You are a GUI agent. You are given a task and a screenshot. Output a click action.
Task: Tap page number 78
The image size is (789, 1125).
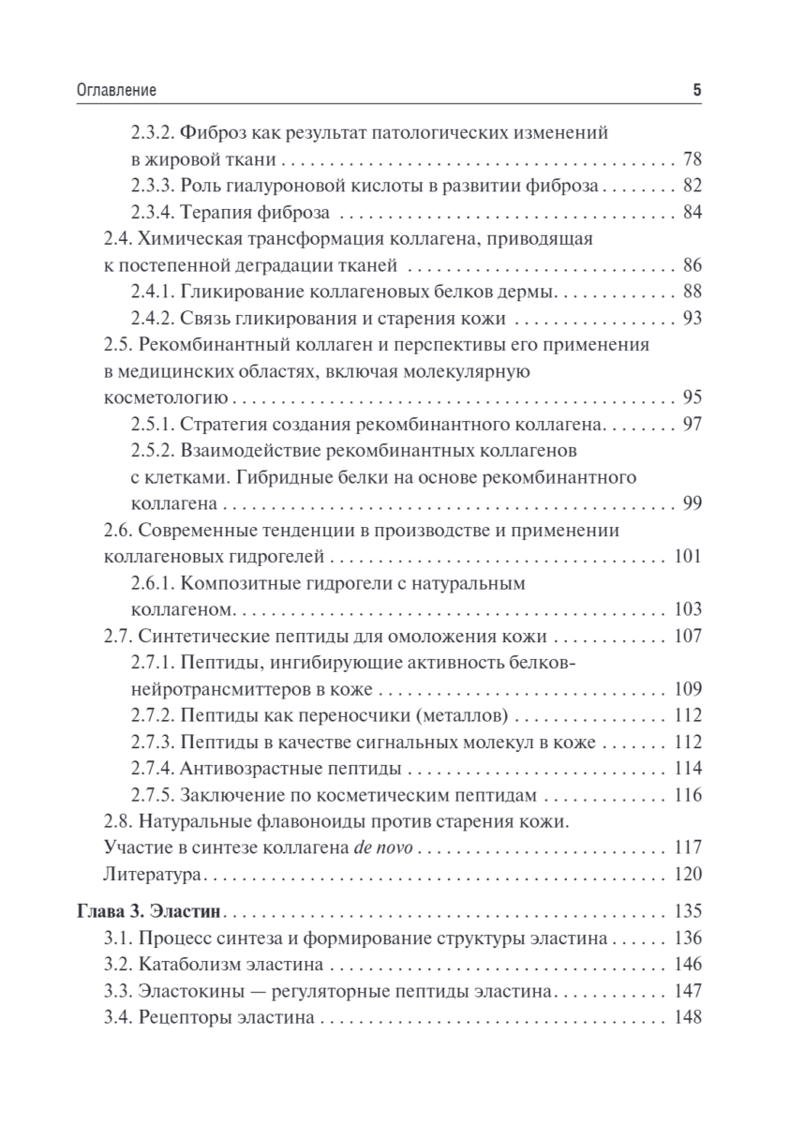pyautogui.click(x=692, y=159)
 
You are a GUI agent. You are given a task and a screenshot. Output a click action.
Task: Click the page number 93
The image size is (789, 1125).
pyautogui.click(x=692, y=317)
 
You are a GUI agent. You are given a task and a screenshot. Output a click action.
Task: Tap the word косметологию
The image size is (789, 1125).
pyautogui.click(x=162, y=397)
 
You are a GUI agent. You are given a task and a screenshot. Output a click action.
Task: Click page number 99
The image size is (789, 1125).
pyautogui.click(x=692, y=503)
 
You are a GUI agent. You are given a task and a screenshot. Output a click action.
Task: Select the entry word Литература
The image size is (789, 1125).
pyautogui.click(x=152, y=875)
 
